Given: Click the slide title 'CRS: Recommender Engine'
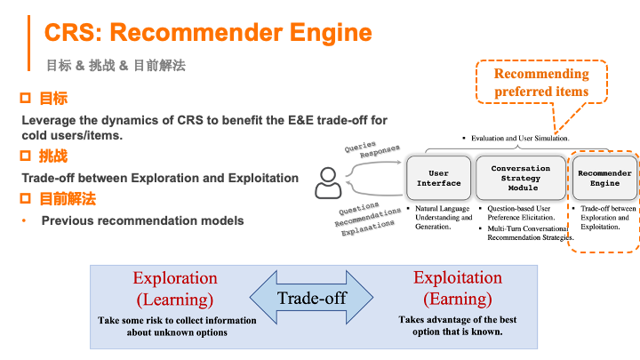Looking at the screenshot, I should [208, 33].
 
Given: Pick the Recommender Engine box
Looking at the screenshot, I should [604, 178].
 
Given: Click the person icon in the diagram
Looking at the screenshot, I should [328, 182].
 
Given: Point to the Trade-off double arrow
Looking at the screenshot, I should [310, 299].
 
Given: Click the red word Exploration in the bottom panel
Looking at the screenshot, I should [175, 278].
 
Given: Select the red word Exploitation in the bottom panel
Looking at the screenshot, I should [458, 277].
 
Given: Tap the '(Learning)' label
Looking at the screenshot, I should [175, 299].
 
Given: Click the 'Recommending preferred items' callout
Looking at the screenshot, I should [541, 82].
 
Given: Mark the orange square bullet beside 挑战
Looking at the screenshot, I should [26, 156].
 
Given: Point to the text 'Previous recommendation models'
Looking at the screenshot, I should [142, 220].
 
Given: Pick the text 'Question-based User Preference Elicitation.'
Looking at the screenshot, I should [524, 214].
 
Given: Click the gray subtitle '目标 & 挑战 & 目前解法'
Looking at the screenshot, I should [116, 65].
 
